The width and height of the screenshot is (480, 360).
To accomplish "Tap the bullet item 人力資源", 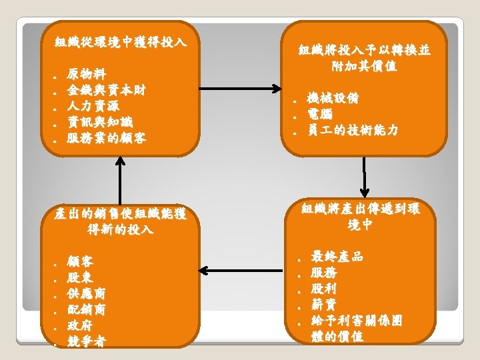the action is tap(93, 105).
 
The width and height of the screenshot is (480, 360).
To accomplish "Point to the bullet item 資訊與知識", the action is tap(100, 121).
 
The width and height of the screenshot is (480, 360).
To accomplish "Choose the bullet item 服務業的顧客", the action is tap(107, 138).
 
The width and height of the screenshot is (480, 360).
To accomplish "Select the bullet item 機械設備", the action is tap(333, 99).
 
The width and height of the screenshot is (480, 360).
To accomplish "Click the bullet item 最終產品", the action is tap(337, 257).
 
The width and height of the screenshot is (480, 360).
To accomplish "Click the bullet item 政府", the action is tap(81, 325).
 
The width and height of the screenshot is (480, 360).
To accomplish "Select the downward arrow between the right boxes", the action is tap(365, 175).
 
